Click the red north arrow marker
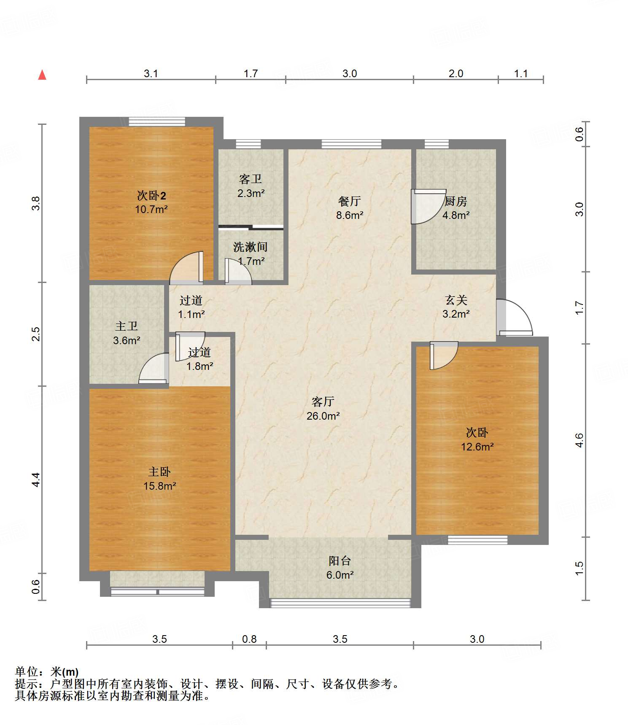(42, 75)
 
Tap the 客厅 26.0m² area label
(323, 409)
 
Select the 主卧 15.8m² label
(159, 479)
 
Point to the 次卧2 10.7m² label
(151, 202)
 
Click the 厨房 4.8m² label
(456, 208)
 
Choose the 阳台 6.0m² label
(340, 568)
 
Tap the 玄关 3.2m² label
(456, 307)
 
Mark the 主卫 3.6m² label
(127, 333)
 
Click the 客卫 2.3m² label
(251, 186)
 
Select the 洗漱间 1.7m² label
(251, 254)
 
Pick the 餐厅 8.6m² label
(350, 208)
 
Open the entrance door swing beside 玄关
(514, 317)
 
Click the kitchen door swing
(429, 206)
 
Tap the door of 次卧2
(186, 267)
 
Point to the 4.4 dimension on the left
(36, 480)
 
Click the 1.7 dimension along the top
(251, 73)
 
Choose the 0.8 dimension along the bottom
(249, 639)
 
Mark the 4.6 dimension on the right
(579, 440)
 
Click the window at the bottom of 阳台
(340, 603)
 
